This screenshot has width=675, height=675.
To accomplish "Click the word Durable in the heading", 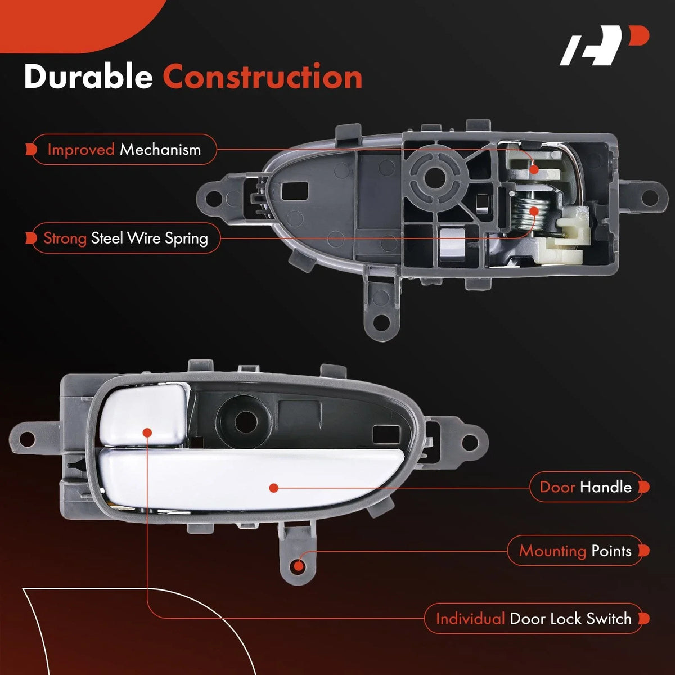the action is click(88, 76).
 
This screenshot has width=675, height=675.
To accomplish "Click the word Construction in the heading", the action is click(262, 76).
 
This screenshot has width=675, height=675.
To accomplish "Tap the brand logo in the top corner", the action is click(604, 45).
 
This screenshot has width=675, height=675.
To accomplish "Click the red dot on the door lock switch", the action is click(147, 433).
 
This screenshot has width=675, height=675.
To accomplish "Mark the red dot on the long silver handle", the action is click(274, 488).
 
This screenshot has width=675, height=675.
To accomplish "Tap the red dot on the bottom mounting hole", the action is click(299, 565).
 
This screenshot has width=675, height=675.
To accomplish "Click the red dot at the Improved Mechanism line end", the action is click(534, 169).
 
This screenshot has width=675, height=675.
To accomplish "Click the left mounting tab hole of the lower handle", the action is click(27, 438).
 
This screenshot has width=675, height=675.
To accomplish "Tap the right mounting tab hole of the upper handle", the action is click(649, 197).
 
